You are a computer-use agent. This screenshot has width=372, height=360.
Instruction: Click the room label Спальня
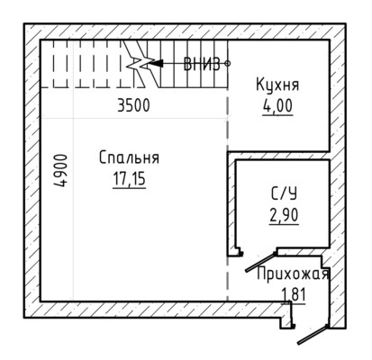tap(129, 157)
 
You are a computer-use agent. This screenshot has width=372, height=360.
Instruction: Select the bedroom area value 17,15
tap(129, 178)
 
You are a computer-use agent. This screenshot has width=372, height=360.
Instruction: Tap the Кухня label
tap(277, 85)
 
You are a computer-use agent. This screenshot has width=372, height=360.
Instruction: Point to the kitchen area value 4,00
tap(277, 105)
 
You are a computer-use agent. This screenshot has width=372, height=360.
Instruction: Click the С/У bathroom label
tap(284, 193)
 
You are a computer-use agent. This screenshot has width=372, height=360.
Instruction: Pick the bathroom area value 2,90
tap(284, 215)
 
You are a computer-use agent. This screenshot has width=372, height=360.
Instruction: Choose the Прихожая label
tap(293, 274)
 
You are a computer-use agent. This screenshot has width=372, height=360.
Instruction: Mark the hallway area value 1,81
tap(294, 294)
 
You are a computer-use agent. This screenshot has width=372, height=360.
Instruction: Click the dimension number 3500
tap(133, 105)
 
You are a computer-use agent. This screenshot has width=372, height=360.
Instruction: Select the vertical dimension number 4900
tap(60, 170)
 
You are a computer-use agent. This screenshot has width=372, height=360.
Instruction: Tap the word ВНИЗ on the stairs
tap(202, 64)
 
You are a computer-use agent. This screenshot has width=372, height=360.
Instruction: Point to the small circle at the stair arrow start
tap(228, 63)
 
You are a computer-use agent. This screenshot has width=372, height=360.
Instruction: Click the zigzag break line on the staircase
tap(141, 64)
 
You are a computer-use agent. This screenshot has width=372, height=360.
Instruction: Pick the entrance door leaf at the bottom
tap(313, 335)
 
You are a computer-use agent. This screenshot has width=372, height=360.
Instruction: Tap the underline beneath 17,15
tap(129, 188)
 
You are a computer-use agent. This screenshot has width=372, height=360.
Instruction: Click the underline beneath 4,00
tap(277, 114)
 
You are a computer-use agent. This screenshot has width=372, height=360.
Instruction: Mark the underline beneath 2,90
tap(284, 224)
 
